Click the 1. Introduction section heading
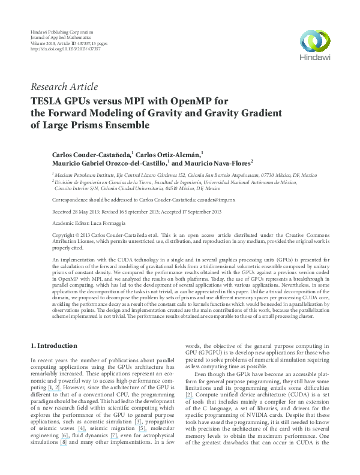[x=53, y=346]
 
